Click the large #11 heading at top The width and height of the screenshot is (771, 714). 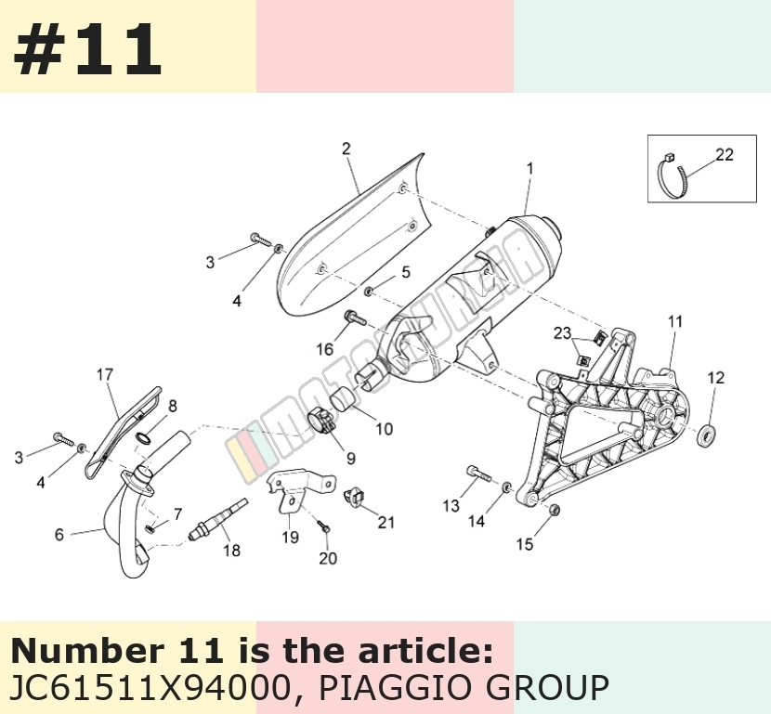87,49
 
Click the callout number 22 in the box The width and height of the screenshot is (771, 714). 725,155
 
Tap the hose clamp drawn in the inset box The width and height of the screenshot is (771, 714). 673,175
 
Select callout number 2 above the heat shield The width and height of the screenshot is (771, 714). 346,149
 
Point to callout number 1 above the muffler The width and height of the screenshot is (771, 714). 530,169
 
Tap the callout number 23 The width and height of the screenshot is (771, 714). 563,333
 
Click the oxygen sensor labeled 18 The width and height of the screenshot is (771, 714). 217,518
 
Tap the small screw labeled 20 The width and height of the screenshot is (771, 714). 324,527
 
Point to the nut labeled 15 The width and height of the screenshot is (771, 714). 554,510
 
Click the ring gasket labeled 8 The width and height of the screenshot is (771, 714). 142,438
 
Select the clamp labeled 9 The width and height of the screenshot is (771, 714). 320,422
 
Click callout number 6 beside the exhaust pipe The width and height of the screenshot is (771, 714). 59,534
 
